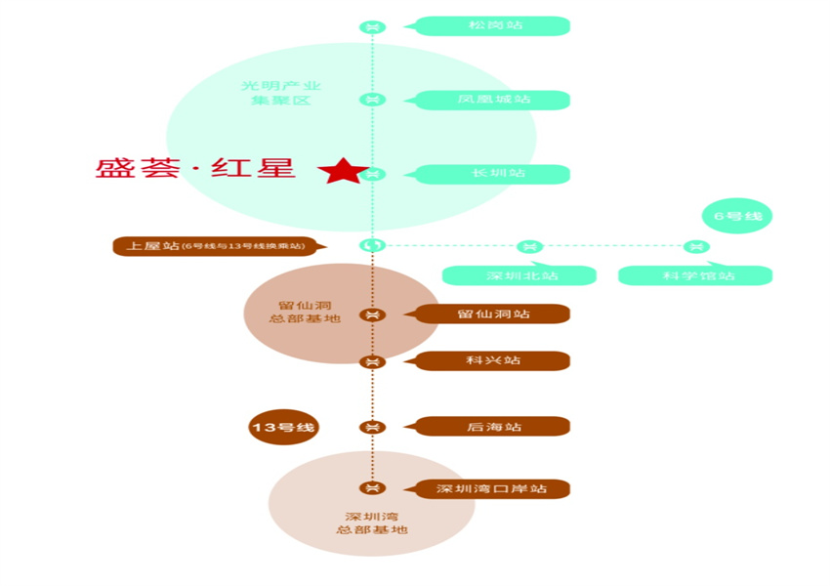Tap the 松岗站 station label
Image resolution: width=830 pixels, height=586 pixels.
click(493, 25)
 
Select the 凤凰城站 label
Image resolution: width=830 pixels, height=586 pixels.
click(493, 100)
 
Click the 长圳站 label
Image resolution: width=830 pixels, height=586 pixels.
click(493, 174)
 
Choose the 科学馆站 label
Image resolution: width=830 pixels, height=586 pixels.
click(696, 275)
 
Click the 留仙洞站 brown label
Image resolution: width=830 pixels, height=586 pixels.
click(493, 314)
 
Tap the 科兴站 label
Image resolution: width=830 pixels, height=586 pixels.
click(493, 360)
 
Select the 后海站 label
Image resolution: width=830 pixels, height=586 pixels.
click(493, 427)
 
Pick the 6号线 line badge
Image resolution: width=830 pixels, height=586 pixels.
click(736, 216)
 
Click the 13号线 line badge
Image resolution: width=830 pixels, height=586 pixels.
click(285, 427)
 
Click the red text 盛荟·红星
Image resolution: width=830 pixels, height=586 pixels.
click(195, 167)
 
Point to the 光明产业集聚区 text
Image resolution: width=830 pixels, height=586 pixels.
click(281, 93)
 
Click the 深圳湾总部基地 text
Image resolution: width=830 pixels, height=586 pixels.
click(370, 523)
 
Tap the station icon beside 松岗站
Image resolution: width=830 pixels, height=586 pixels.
click(371, 26)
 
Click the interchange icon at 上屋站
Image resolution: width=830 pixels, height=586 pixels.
click(372, 245)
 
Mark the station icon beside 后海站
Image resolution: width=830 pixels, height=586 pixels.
click(371, 427)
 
